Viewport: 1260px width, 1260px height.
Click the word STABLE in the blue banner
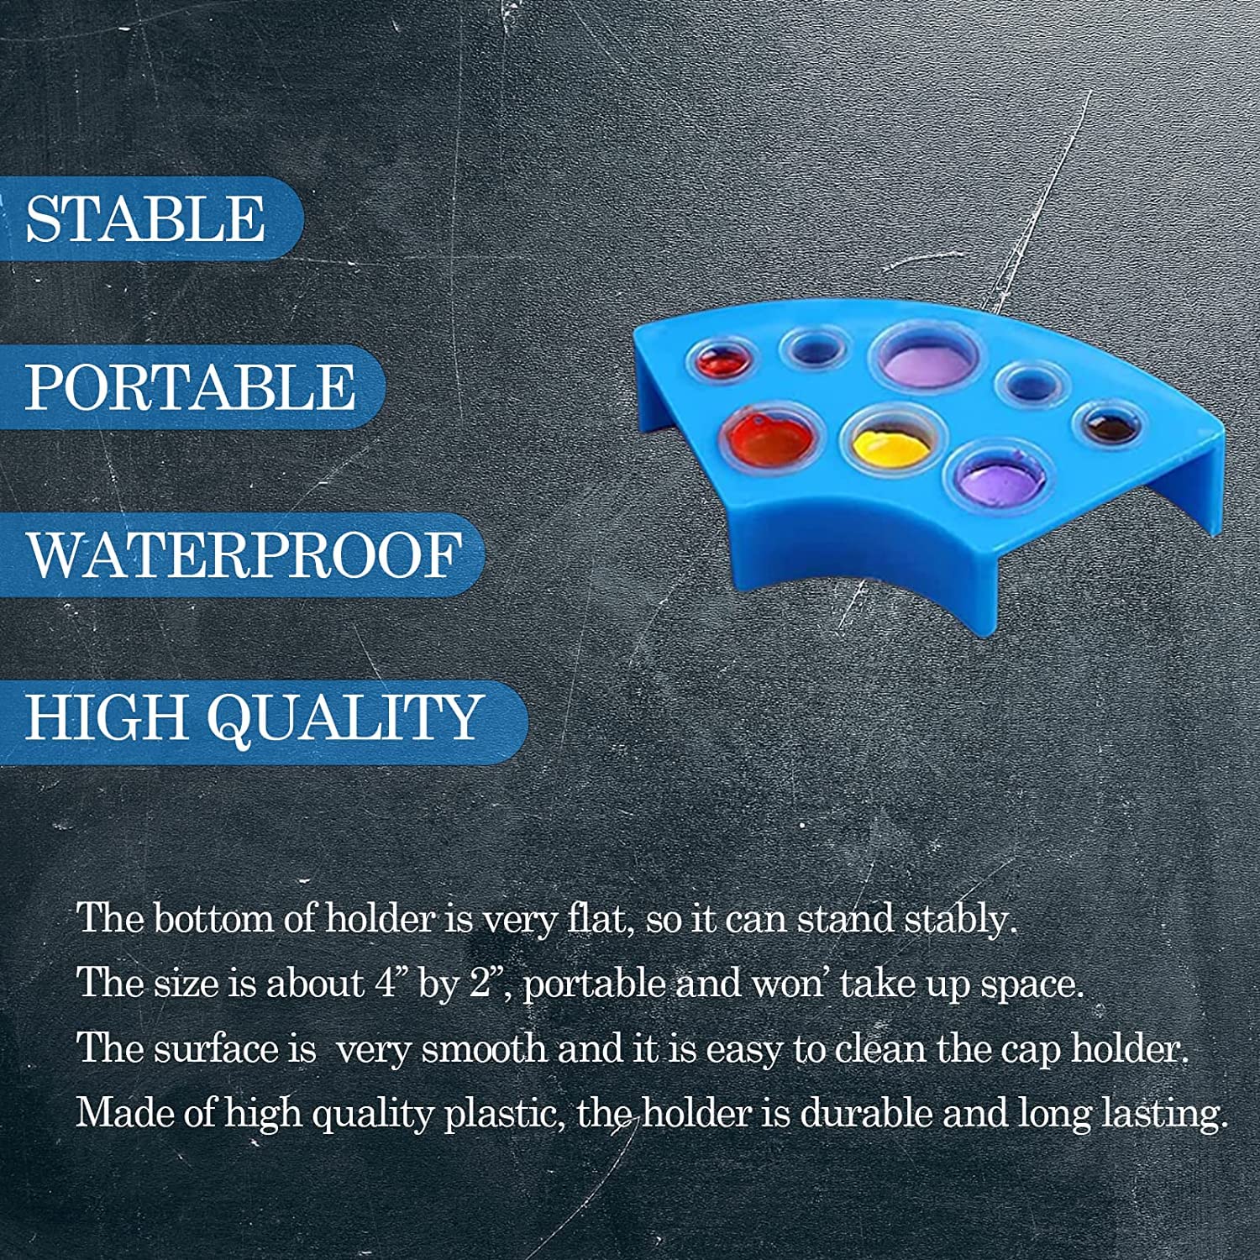pos(145,219)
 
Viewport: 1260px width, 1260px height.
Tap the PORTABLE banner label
pos(190,387)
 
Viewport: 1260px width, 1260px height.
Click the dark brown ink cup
pos(1110,424)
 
